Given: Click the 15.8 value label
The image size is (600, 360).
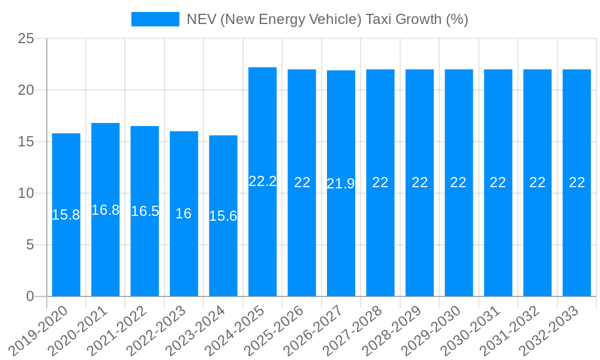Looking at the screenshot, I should (x=66, y=215).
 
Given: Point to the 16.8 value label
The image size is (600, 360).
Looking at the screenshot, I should (x=106, y=210).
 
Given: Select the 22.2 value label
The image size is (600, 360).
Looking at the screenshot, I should (x=262, y=181).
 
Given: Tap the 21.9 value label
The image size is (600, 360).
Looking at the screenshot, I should (x=341, y=184).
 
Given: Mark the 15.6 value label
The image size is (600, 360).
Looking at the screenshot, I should (x=223, y=216).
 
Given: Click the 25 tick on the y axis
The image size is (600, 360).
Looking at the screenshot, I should (x=26, y=39).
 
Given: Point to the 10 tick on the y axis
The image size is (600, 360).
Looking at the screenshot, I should (x=26, y=193).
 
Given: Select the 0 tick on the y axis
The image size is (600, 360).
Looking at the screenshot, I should (x=31, y=296).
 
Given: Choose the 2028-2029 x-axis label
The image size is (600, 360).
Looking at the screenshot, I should (x=393, y=330).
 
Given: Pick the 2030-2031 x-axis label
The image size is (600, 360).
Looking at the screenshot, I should (x=472, y=330).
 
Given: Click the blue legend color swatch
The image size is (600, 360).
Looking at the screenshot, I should (x=155, y=19).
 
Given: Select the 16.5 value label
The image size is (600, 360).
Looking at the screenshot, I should (x=145, y=211).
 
